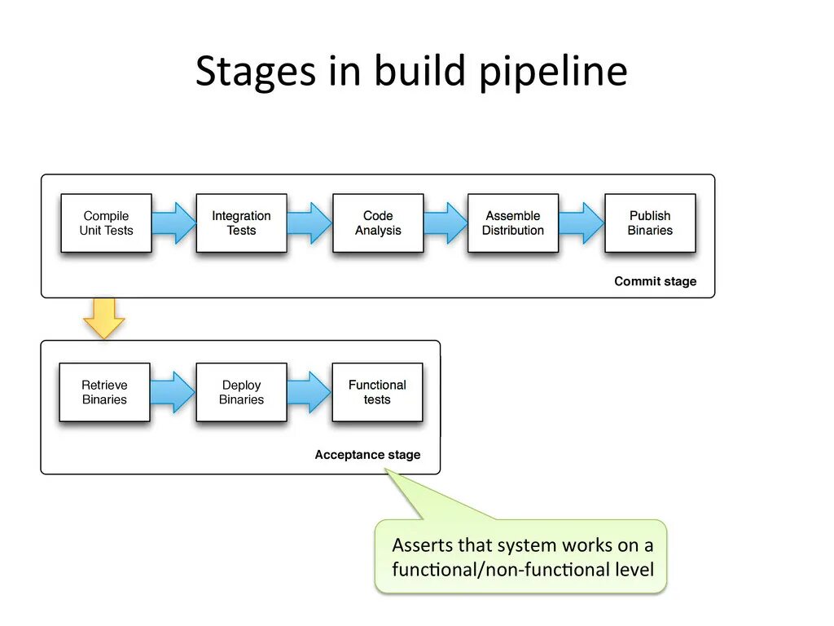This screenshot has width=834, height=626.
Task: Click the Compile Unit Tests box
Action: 107,223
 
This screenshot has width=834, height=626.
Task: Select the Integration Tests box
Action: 241,223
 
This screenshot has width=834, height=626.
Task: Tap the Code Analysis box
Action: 378,223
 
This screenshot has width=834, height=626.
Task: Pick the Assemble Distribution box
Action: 513,223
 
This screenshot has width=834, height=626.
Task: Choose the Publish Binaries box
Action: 650,223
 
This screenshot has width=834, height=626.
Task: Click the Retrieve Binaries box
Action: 105,392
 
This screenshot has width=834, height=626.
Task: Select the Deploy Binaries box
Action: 241,392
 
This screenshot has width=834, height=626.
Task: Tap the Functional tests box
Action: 378,392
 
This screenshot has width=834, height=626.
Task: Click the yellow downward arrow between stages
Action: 104,319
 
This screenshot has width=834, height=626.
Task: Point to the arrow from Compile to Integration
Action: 174,223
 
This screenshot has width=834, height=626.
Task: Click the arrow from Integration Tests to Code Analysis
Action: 309,223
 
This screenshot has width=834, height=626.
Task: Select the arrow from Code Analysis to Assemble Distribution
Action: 446,223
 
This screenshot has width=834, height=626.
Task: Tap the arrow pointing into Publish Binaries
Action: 582,223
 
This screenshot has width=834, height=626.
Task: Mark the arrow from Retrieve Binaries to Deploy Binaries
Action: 173,392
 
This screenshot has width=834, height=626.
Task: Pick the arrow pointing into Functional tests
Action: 309,392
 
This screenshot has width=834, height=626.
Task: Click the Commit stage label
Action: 656,281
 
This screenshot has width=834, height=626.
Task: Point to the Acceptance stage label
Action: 367,455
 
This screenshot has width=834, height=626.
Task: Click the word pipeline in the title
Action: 554,72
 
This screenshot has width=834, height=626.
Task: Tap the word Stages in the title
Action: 256,72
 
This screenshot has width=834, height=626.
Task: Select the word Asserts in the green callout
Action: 423,545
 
